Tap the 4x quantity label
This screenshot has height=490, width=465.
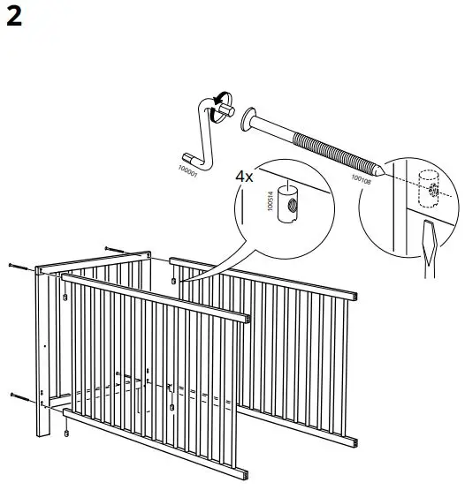244,176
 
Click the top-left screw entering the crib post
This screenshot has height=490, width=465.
18,264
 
